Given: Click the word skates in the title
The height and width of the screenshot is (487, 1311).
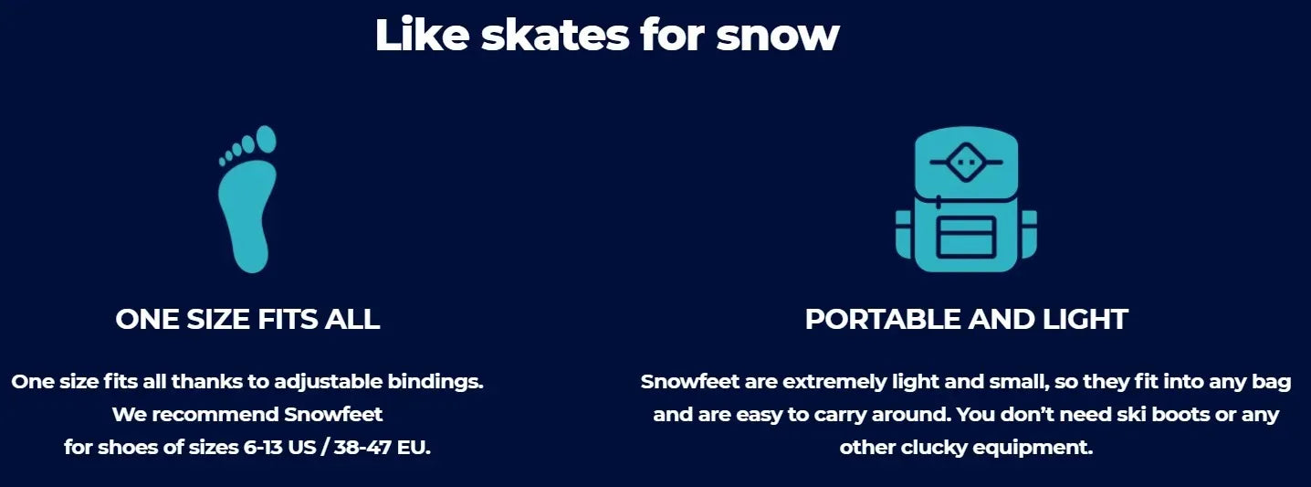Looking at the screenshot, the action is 555,35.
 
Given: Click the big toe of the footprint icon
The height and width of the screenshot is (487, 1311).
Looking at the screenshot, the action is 267,139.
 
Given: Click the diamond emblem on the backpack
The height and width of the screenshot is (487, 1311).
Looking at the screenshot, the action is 966,163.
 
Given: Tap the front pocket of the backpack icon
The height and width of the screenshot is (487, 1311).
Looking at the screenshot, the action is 966,238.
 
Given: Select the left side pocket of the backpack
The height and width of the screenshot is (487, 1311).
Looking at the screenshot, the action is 904,235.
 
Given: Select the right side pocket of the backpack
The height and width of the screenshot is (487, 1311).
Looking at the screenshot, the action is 1029,235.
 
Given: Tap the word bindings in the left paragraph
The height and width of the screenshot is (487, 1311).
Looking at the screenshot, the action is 435,382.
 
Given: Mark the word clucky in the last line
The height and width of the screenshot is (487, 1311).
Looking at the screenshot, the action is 934,448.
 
